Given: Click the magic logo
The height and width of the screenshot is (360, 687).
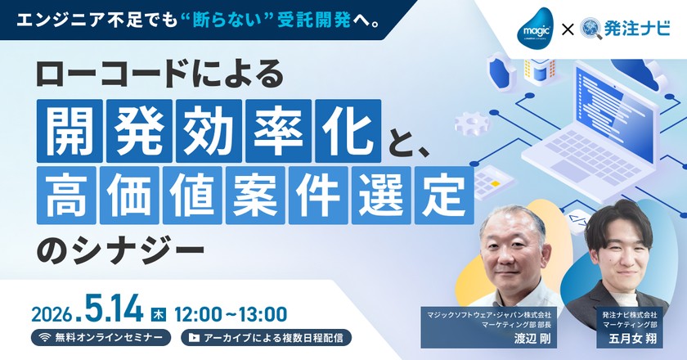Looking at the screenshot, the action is (x=536, y=27).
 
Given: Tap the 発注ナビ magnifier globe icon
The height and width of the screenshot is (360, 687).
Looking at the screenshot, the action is (x=591, y=29).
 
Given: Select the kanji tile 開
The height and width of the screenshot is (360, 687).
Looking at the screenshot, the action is (x=70, y=131).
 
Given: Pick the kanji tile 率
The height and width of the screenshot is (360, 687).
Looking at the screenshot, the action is (x=278, y=131).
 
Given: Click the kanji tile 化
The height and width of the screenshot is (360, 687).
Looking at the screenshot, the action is (x=348, y=131).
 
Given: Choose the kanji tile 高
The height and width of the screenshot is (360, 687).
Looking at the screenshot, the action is (x=66, y=195).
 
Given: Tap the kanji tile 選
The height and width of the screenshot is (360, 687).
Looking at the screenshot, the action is (x=381, y=195).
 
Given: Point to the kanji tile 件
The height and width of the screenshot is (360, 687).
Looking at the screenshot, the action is (x=318, y=195).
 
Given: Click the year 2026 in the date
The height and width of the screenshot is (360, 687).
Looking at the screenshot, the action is (x=52, y=314).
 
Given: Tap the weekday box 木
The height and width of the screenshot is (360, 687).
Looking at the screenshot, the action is (x=158, y=314).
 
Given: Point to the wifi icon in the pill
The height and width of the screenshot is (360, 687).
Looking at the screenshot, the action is (x=44, y=338).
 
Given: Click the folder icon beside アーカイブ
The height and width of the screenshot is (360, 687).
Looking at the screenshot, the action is (x=194, y=338).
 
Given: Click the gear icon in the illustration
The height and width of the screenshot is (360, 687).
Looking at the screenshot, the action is (x=471, y=123).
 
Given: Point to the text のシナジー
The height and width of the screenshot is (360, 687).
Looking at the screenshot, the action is (x=120, y=253).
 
